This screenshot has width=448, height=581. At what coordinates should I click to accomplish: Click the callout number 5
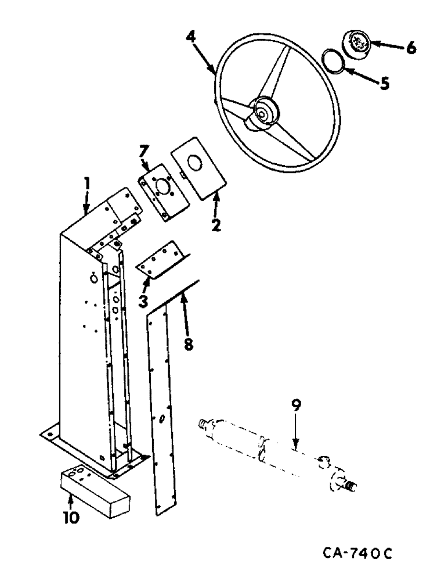(384, 83)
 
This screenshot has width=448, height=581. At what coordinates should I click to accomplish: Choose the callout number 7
(143, 154)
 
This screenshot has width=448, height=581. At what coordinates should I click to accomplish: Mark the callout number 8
(187, 343)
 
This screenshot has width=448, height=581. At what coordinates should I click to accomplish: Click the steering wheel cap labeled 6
(355, 42)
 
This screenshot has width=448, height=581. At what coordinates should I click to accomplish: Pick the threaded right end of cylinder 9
(350, 483)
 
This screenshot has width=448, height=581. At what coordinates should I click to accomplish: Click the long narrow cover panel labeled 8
(158, 407)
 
